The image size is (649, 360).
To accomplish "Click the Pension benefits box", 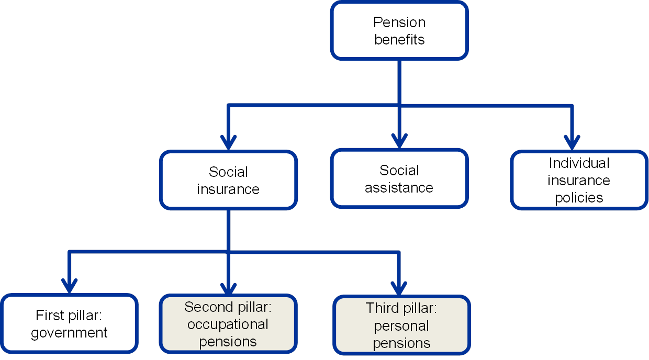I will coord(399,30).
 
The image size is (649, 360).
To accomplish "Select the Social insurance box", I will coord(228,181).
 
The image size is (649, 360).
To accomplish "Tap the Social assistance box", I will coord(399,179).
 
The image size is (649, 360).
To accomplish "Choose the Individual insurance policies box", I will coord(579,181).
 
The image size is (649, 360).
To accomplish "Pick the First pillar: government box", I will coord(69,324).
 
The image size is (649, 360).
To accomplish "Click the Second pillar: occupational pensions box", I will coord(228,324).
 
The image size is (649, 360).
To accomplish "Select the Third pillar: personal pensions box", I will coord(402,325).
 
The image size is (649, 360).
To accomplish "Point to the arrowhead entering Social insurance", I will coord(228,141).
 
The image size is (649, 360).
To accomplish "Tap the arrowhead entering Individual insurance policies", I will coord(572,141).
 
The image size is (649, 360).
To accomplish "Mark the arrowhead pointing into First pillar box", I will coord(69,285).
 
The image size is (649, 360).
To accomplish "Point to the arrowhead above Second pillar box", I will coord(228,286).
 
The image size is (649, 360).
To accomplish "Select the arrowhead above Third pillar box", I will coord(399,287).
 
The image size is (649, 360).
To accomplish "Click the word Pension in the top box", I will coord(399,22).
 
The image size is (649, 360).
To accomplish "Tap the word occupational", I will coord(228,324).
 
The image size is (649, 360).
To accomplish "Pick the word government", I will coord(69,333).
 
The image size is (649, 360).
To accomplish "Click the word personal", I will coord(402,326).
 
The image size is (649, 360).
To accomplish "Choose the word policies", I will coord(579,198).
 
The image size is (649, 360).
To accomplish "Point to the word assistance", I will coord(399,188).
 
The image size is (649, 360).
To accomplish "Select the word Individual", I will coord(579,163).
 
